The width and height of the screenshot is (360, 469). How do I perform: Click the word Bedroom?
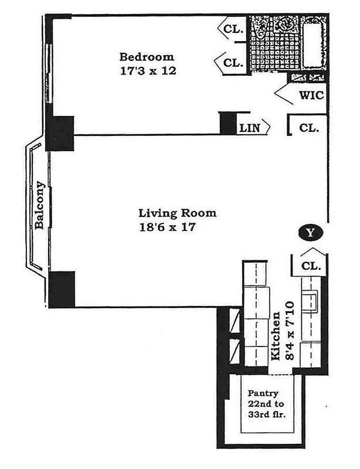pos(147,57)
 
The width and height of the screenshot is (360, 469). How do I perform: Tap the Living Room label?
pos(177,213)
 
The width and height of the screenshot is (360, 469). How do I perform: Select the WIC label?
pos(311,95)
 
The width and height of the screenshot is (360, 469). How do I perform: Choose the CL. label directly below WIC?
pos(309,127)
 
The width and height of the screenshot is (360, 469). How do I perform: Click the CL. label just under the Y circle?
pos(311,266)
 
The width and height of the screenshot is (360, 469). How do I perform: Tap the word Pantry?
pos(262,393)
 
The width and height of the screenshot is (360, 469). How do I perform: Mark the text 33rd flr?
pos(262,417)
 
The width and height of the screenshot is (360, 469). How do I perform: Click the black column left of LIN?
pos(227,123)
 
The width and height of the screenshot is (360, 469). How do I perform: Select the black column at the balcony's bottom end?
pos(62,289)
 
